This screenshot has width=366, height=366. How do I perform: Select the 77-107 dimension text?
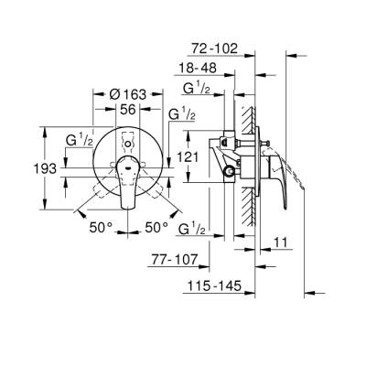tap(175, 259)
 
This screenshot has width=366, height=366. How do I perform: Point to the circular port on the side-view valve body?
tap(228, 171)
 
